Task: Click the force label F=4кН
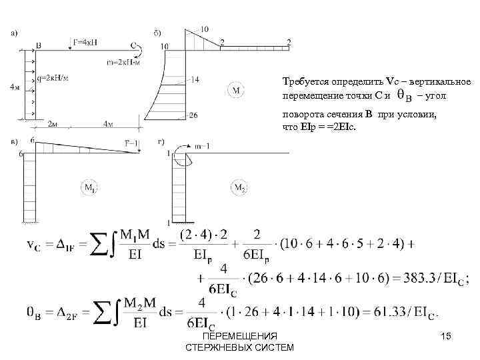[88, 41]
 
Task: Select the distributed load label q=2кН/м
[53, 77]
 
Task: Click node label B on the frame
[39, 45]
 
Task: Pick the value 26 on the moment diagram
[193, 115]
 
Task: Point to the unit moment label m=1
[189, 146]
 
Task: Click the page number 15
[447, 337]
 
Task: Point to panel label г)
[161, 141]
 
